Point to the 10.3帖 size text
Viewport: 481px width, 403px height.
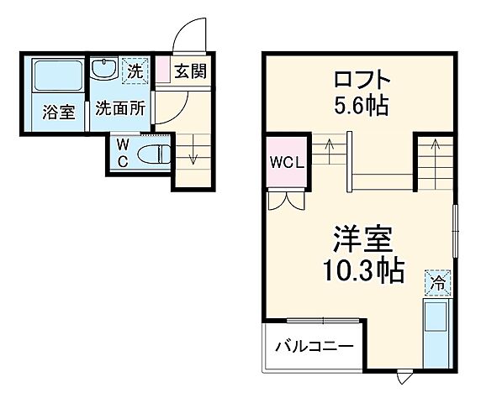click(x=362, y=270)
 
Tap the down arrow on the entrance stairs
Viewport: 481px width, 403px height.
click(x=192, y=156)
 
